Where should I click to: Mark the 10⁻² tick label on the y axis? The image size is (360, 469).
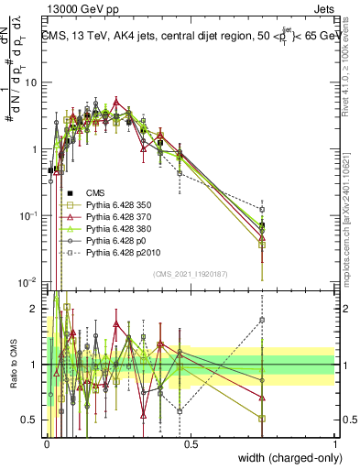[x=27, y=281]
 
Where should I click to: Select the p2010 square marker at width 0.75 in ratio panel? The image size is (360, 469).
[x=262, y=320]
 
